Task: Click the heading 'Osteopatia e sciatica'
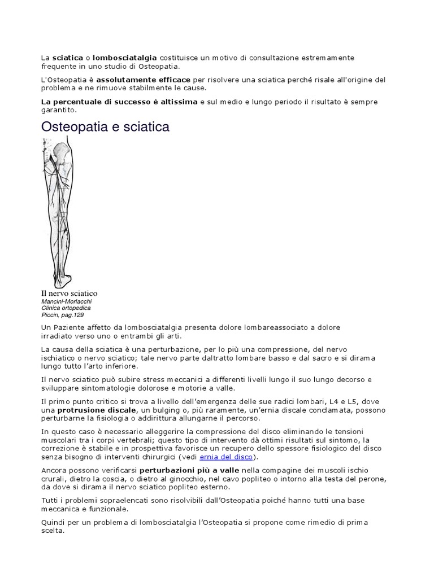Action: [105, 127]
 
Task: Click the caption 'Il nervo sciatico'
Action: [70, 293]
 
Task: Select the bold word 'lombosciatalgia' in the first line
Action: [125, 58]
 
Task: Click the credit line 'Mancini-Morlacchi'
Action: [67, 301]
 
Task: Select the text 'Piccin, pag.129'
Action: [62, 315]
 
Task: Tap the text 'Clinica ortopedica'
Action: [66, 308]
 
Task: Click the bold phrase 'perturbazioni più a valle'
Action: [189, 470]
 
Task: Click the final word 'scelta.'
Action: [53, 531]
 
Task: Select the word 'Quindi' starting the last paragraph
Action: [54, 522]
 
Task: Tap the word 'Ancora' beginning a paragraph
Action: [55, 470]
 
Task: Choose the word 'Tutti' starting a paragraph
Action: [51, 500]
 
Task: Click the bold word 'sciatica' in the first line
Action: [67, 58]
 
